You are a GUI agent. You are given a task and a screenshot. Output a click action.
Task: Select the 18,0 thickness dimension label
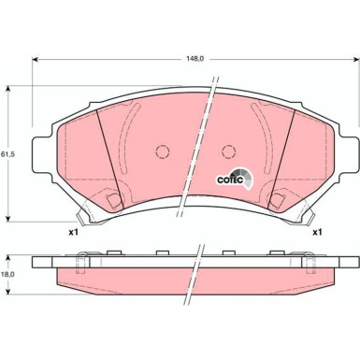tap(7, 272)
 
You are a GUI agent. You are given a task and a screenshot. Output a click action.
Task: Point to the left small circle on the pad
tap(160, 152)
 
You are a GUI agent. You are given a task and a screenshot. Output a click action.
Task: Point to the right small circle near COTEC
tap(227, 152)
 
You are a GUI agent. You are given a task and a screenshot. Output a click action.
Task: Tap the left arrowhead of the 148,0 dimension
tap(36, 61)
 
